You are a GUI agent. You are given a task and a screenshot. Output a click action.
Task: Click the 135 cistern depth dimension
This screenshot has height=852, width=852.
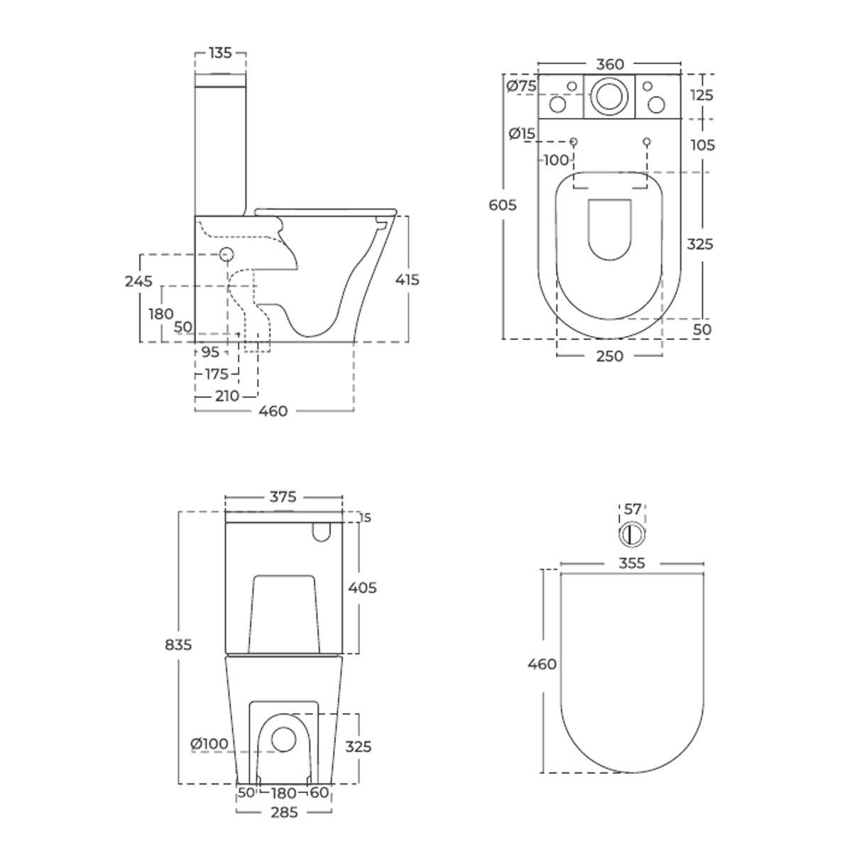pyautogui.click(x=220, y=53)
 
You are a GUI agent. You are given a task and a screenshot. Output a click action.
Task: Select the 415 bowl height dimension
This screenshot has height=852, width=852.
pyautogui.click(x=408, y=280)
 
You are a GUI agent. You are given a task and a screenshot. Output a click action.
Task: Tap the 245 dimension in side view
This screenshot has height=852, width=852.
pyautogui.click(x=138, y=281)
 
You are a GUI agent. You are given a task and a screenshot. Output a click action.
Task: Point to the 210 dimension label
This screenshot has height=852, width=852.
pyautogui.click(x=227, y=396)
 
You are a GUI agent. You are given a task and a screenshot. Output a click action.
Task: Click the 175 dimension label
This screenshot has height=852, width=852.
pyautogui.click(x=217, y=374)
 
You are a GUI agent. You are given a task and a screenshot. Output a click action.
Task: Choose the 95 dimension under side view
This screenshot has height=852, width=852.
pyautogui.click(x=210, y=352)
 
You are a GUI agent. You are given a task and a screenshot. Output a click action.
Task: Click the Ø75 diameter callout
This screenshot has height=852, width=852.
pyautogui.click(x=521, y=86)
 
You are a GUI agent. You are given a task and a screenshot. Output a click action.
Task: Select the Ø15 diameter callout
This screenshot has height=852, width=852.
pyautogui.click(x=522, y=133)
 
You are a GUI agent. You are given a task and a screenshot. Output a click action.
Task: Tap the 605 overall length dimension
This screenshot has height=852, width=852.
pyautogui.click(x=503, y=205)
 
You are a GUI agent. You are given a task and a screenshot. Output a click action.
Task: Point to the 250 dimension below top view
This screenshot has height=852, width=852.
pyautogui.click(x=610, y=356)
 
